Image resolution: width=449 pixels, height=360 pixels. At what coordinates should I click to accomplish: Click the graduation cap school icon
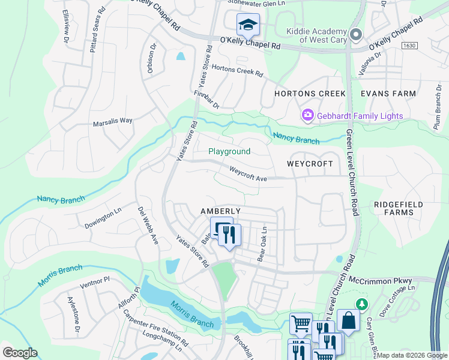click(247, 25)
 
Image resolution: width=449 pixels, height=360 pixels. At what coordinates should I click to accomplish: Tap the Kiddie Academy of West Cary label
click(316, 35)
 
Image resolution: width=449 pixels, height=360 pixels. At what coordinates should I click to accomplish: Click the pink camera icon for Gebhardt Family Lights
click(308, 114)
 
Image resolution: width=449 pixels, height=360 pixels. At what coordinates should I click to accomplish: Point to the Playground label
click(229, 152)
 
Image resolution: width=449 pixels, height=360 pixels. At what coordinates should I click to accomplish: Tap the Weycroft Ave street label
click(248, 174)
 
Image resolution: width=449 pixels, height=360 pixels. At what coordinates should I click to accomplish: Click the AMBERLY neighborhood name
click(220, 211)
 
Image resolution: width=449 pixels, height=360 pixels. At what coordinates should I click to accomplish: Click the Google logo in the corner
click(19, 353)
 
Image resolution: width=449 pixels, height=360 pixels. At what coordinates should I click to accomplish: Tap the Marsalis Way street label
click(112, 121)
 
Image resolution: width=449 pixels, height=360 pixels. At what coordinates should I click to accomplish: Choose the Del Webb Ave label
click(148, 226)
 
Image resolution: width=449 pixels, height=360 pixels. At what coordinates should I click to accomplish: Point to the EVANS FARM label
click(388, 94)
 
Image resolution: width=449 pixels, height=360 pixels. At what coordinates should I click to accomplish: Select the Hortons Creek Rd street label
click(237, 71)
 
